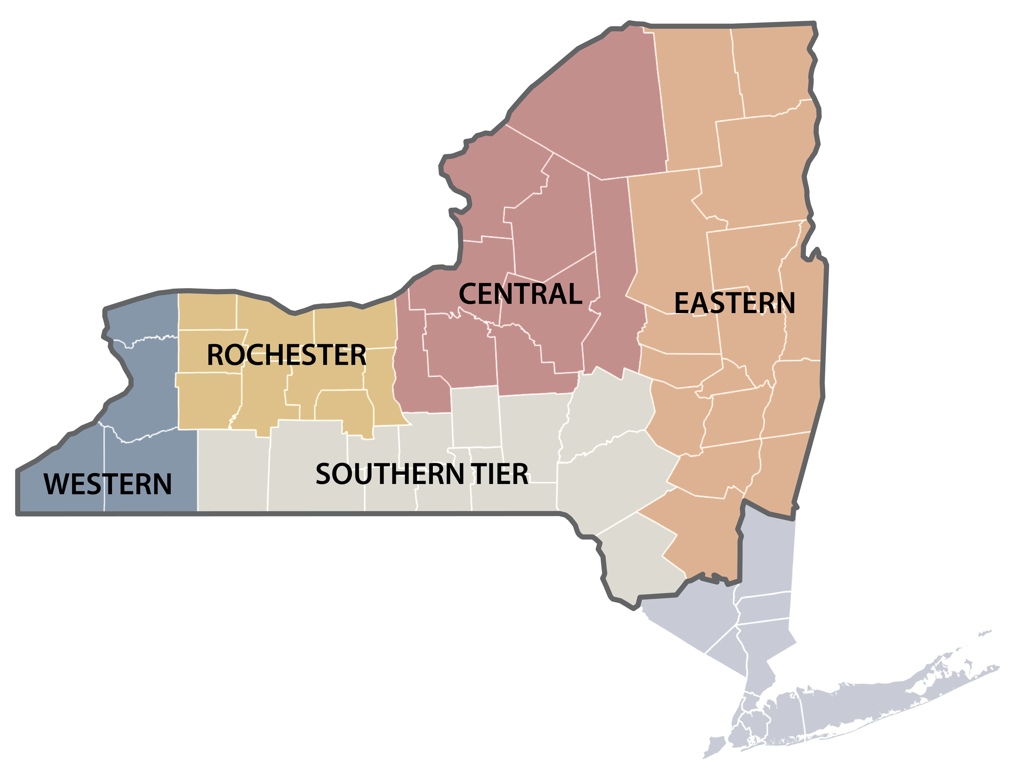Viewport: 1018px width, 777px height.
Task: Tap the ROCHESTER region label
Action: click(x=286, y=355)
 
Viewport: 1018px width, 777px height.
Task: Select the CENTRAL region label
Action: click(x=520, y=294)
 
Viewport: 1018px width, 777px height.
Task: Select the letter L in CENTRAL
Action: click(x=574, y=294)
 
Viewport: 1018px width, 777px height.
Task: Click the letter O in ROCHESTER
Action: click(x=235, y=355)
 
